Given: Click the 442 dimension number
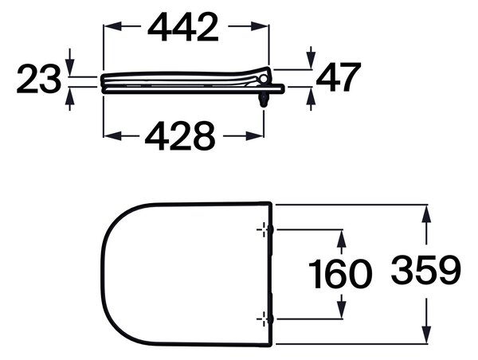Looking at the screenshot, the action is point(183,27).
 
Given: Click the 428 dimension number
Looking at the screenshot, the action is point(180,135).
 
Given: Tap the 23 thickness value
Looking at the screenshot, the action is point(39,79).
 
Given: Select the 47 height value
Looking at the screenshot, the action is point(339,77).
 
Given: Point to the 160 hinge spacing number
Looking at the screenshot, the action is point(340,274).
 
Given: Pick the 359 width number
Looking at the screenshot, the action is point(426,270).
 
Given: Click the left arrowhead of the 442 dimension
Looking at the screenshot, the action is point(113,26).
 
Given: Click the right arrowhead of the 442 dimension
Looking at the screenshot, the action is point(260,26).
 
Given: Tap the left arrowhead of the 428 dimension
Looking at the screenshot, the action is point(113,136).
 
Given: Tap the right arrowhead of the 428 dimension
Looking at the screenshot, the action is point(255,136).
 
